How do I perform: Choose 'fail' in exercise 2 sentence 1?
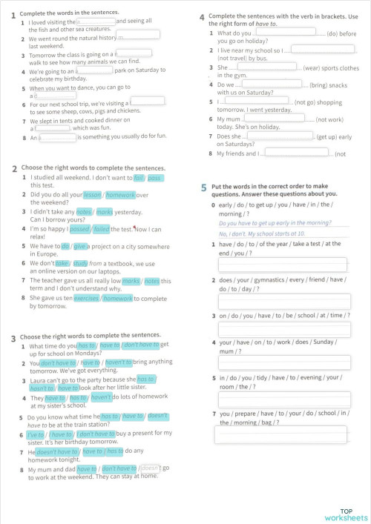click(x=139, y=178)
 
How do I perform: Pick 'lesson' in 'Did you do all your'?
click(x=92, y=194)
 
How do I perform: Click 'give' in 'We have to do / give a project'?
click(x=82, y=246)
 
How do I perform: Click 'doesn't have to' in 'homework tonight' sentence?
click(x=56, y=451)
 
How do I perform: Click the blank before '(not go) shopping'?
click(x=252, y=100)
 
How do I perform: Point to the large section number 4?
click(x=202, y=16)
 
